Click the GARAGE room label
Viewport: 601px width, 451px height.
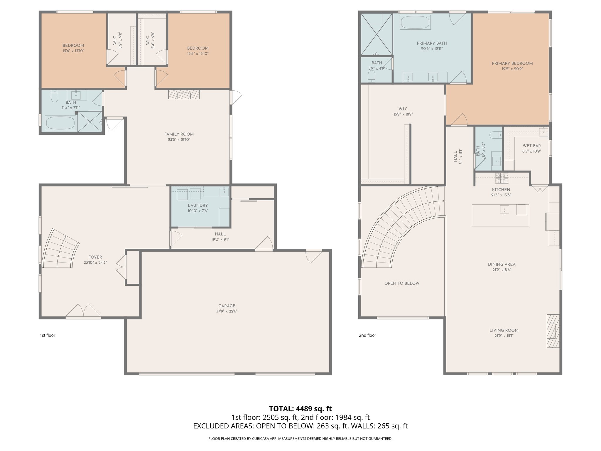click(x=227, y=306)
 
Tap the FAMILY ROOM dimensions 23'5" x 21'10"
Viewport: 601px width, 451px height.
click(x=179, y=140)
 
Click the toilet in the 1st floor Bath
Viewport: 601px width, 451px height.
click(x=55, y=96)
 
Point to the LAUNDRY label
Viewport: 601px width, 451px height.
click(x=198, y=206)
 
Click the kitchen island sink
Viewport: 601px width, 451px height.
click(x=504, y=210)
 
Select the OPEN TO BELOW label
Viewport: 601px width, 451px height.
click(x=402, y=283)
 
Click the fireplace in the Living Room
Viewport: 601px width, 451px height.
click(x=553, y=331)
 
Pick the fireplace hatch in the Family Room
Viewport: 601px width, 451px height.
click(x=184, y=94)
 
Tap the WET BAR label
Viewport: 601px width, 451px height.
click(x=531, y=146)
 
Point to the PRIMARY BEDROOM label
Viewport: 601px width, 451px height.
click(x=512, y=63)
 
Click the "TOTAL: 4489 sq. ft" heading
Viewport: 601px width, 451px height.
click(x=300, y=409)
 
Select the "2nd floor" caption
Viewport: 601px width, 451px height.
click(x=367, y=335)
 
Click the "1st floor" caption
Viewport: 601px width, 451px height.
click(x=47, y=335)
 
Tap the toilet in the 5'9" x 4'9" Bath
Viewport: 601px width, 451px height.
click(x=372, y=77)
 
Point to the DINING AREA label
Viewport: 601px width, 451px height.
click(x=502, y=264)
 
